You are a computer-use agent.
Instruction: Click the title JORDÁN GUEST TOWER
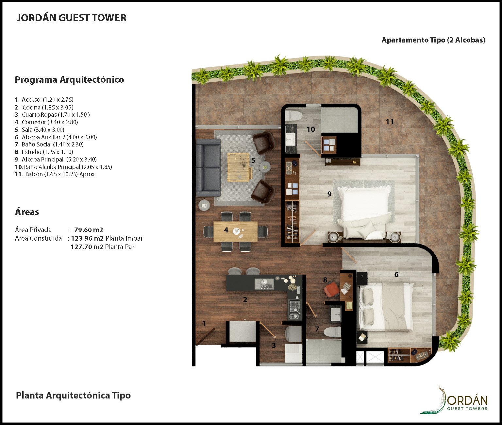coord(71,18)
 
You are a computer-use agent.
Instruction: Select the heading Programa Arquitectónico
coord(69,79)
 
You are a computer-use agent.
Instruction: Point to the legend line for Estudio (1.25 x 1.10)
coord(44,152)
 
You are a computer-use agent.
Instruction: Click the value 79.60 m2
coord(89,229)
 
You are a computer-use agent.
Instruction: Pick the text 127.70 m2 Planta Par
coord(102,247)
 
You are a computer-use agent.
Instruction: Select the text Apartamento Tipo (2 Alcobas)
coord(433,40)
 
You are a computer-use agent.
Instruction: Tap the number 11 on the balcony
coord(390,122)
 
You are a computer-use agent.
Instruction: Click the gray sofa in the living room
coord(208,167)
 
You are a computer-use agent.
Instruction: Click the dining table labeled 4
coord(235,231)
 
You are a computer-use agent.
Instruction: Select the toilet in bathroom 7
coord(332,332)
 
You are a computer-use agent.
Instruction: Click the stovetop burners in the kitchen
coord(295,307)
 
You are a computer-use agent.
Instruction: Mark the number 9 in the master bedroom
coord(329,194)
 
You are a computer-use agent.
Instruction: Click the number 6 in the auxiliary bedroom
coord(396,274)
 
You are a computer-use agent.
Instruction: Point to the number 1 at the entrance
coord(204,323)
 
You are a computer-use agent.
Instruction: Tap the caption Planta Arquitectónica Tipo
coord(73,395)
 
